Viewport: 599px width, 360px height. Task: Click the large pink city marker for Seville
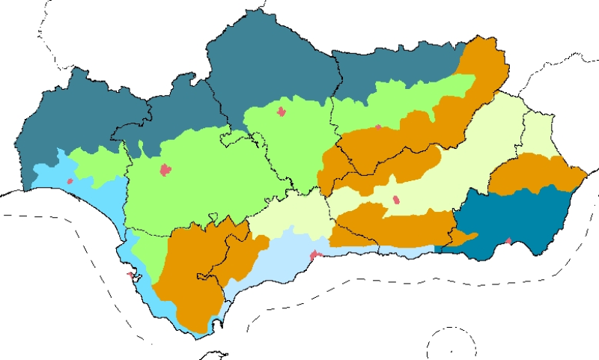pos(165,170)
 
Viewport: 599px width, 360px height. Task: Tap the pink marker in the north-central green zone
pos(282,112)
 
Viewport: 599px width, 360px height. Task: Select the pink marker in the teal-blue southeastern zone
pos(508,241)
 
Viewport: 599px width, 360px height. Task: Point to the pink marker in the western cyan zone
pos(70,180)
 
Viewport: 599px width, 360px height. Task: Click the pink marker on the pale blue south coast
pos(315,255)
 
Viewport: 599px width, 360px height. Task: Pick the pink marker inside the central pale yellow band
pos(395,200)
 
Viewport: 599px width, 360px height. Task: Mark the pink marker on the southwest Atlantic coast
pos(130,275)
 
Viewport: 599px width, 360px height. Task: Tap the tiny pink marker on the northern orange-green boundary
pos(378,127)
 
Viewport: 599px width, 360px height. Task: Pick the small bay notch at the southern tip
pos(217,324)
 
